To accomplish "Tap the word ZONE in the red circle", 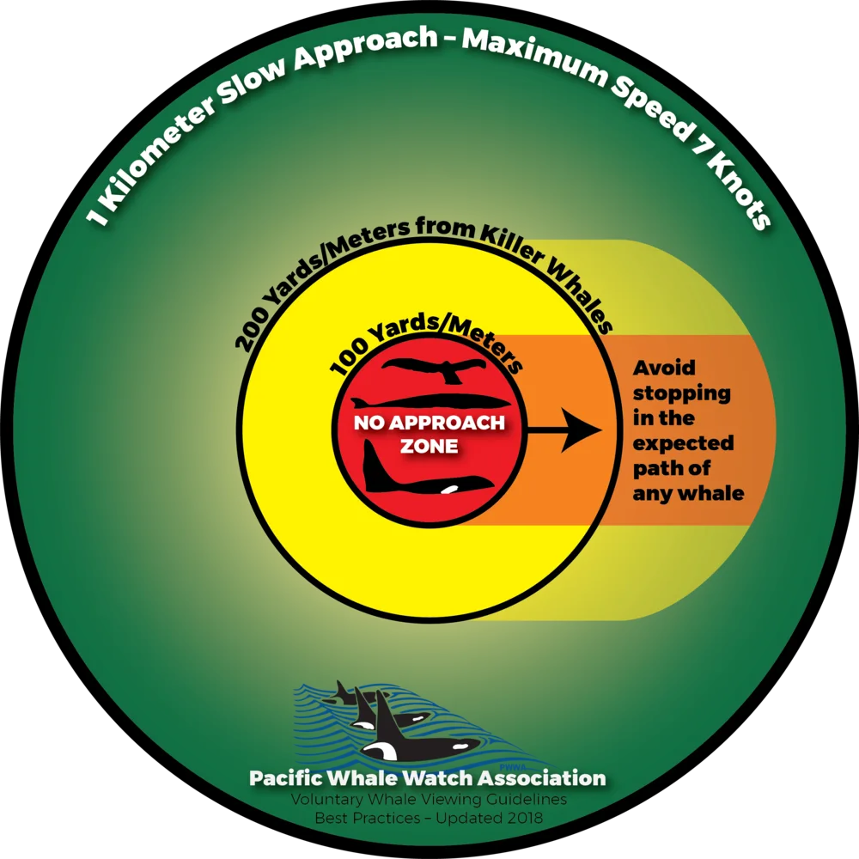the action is [x=429, y=446].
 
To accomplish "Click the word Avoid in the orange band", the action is [x=664, y=368].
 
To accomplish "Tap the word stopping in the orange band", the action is [x=681, y=394].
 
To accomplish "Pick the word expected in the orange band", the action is [x=683, y=444].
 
